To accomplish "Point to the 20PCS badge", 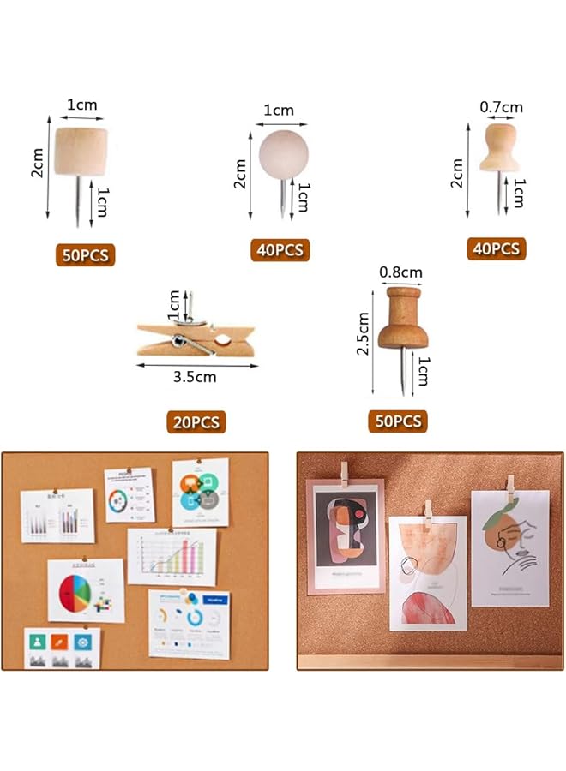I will [x=196, y=421].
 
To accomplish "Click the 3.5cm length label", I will [x=196, y=376].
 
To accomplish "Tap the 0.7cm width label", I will [x=501, y=107].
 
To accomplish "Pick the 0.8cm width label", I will [x=400, y=273].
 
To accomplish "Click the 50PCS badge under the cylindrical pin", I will [x=85, y=254].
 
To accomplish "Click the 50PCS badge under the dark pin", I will [x=398, y=421].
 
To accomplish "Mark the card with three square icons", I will [x=62, y=648].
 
